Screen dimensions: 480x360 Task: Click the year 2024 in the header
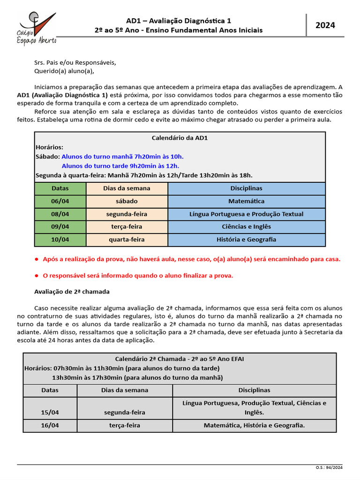pos(325,25)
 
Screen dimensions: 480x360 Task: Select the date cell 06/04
pos(60,201)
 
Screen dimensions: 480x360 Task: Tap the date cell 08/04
pos(60,214)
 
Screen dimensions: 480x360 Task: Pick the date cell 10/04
pos(60,240)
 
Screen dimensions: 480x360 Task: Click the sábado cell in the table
pos(127,201)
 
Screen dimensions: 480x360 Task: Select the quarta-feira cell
pos(127,240)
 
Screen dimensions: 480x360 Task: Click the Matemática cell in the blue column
pos(246,201)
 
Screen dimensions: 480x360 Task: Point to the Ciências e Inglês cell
pos(246,227)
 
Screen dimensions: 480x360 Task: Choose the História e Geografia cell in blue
pos(246,240)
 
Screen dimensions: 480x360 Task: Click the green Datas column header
pos(60,188)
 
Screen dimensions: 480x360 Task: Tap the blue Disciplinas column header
pos(246,188)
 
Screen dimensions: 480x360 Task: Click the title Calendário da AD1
pos(180,138)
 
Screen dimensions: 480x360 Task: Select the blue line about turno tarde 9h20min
pos(120,166)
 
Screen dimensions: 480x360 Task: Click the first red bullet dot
pos(37,259)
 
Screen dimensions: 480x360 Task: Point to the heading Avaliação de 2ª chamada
pos(72,292)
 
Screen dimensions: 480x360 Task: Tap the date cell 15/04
pos(50,412)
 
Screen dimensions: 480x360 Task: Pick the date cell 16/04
pos(50,426)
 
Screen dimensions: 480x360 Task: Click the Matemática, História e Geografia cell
pos(254,426)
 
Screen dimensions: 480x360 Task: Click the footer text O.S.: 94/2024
pos(330,467)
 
